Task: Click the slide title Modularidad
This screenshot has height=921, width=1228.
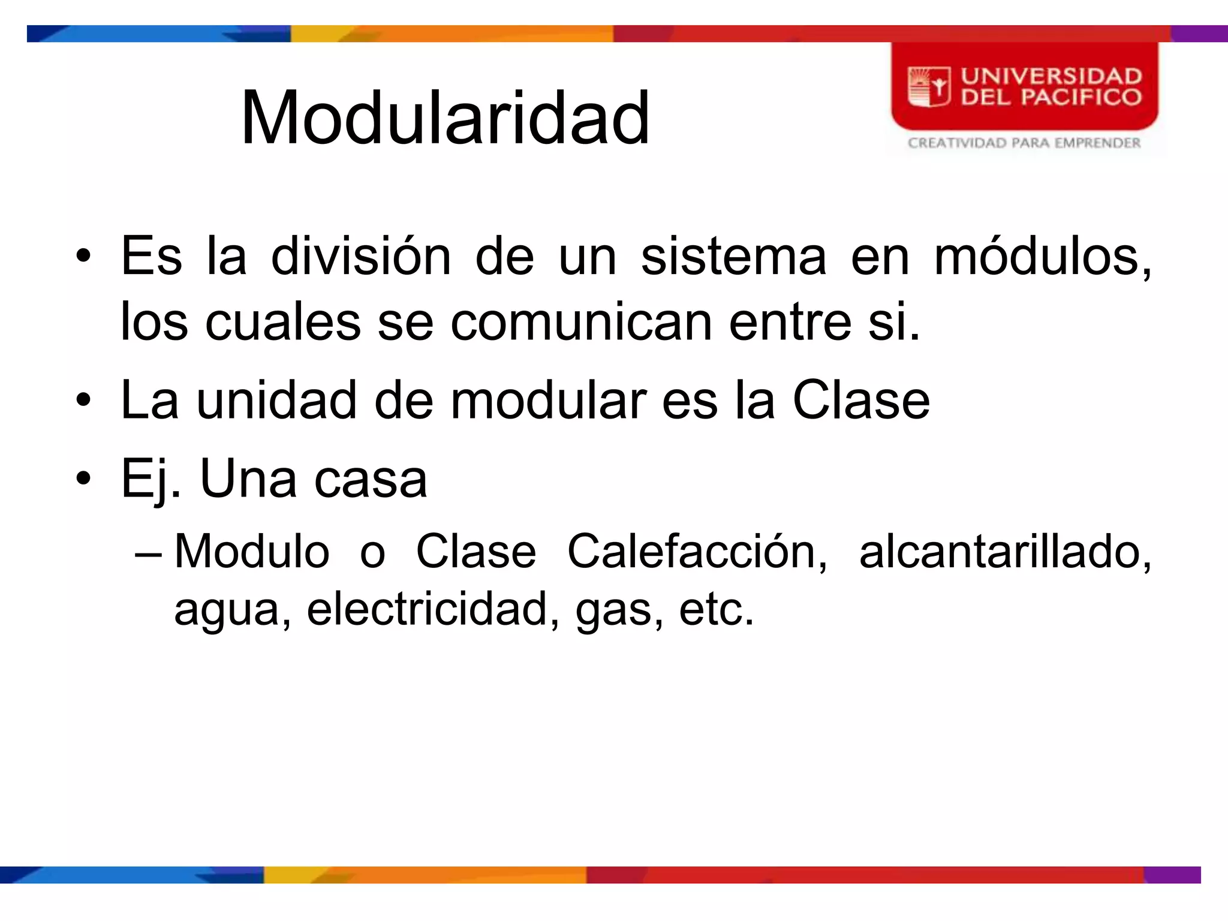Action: point(445,118)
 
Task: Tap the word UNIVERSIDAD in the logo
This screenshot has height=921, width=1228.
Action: point(1051,76)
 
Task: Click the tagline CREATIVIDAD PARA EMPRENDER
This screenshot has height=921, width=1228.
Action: point(1024,143)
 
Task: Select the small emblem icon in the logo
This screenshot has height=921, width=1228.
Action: point(929,88)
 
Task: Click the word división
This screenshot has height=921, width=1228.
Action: point(360,257)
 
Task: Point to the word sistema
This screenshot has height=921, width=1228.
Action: point(733,257)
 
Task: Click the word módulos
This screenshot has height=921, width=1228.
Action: point(1042,257)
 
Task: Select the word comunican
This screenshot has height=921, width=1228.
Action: point(581,322)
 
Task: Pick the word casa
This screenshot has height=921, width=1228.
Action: point(371,478)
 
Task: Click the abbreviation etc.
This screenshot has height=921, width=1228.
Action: point(715,609)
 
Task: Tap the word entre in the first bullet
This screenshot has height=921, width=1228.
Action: point(790,322)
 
